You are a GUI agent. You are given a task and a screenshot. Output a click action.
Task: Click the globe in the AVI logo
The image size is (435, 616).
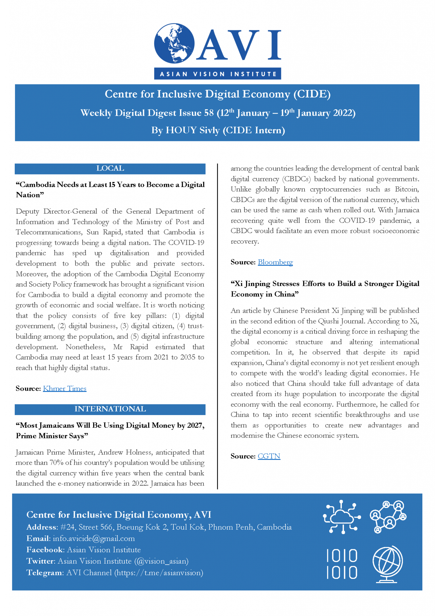point(174,43)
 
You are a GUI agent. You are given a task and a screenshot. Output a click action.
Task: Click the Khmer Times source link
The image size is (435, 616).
point(65,389)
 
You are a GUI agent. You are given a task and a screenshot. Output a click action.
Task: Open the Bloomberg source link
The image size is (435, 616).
point(275,262)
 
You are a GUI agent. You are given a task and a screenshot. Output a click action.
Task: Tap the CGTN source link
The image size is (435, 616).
point(269,456)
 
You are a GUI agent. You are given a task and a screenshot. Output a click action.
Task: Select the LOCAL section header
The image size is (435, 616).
point(110,168)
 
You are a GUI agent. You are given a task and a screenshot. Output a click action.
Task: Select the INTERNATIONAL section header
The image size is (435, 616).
point(110,409)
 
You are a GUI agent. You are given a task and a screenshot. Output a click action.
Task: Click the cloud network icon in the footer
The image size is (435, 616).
point(342,517)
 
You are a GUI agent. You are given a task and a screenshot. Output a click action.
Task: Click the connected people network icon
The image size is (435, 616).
point(388,517)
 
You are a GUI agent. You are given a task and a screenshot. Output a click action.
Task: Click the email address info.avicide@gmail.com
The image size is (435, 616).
point(94,538)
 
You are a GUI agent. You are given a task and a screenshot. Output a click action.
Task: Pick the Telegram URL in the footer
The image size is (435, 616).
point(159,573)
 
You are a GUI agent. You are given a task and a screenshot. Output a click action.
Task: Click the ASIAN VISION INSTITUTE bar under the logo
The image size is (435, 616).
point(218,74)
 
